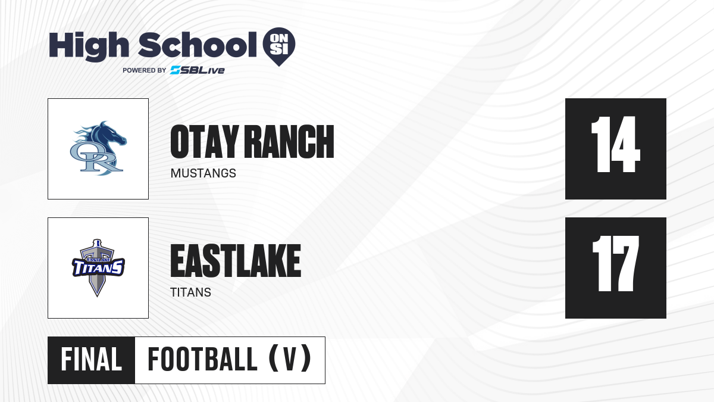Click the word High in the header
tap(89, 46)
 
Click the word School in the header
tap(198, 45)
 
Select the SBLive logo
tap(197, 70)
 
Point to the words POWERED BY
tap(145, 70)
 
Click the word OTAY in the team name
tap(205, 141)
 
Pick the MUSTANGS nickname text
tap(203, 173)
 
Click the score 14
tap(615, 144)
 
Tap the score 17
tap(615, 263)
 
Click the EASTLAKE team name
tap(236, 261)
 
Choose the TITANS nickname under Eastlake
tap(190, 292)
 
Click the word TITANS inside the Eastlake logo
tap(98, 267)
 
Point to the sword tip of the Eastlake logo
tap(97, 296)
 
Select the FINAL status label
tap(92, 360)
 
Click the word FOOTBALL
tap(202, 360)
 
